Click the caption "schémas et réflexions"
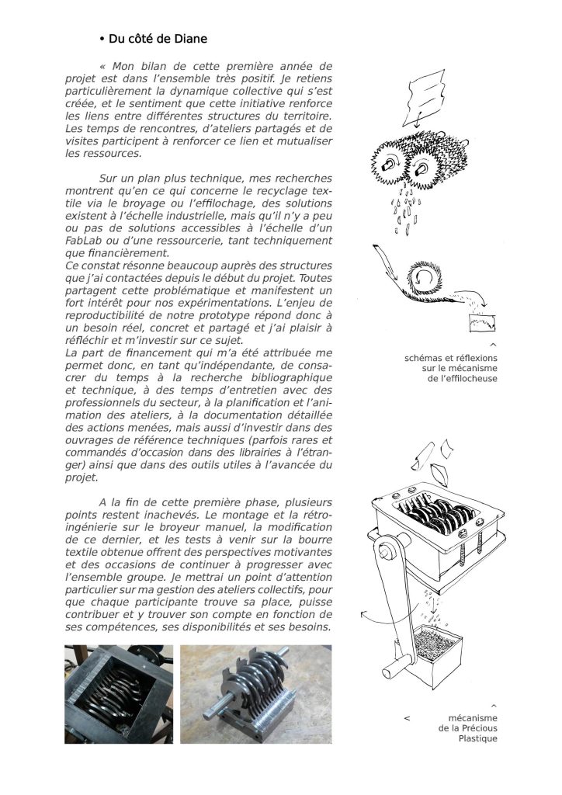tap(451, 358)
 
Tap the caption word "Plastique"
tap(477, 738)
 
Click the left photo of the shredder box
tap(119, 693)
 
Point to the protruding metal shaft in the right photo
tap(214, 709)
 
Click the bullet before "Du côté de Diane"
tap(102, 39)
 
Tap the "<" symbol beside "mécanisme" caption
tap(407, 718)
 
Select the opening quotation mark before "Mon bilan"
tap(102, 67)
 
